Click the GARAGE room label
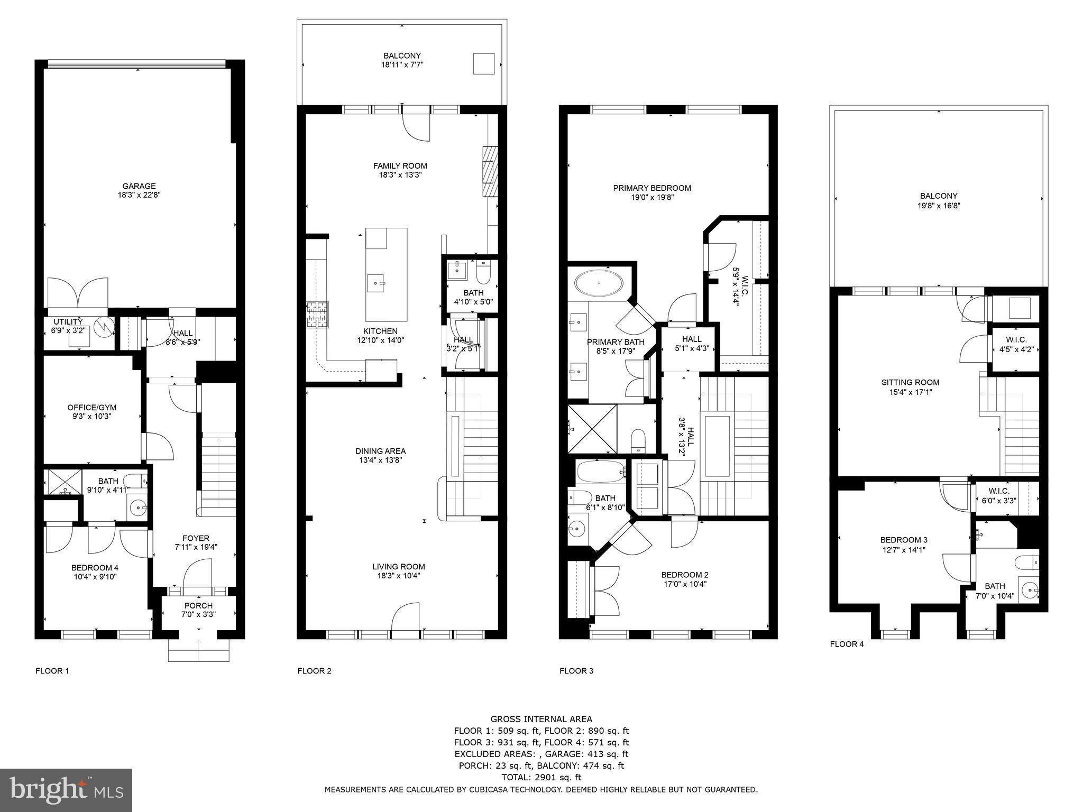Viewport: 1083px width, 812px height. coord(139,186)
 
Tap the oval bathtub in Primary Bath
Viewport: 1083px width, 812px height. coord(599,283)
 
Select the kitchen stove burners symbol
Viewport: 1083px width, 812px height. coord(317,315)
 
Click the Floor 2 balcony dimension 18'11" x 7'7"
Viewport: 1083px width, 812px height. coord(402,65)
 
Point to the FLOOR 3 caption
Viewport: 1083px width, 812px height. coord(576,671)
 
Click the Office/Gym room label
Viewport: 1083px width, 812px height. coord(91,408)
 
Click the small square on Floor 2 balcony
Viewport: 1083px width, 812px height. coord(483,63)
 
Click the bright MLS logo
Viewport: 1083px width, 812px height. coord(66,790)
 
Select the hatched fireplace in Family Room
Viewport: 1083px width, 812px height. coord(490,171)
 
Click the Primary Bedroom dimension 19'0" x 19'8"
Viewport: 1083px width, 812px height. coord(651,198)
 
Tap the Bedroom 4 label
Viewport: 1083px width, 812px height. coord(95,568)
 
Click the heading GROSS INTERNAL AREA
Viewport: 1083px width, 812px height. coord(541,719)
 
